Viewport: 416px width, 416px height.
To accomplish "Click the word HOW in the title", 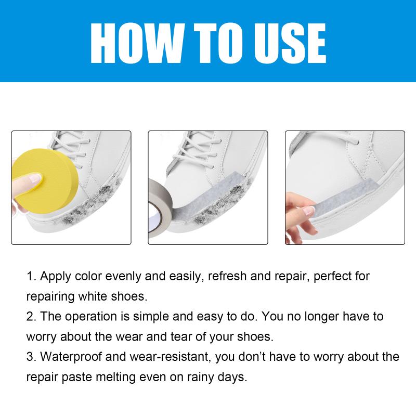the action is click(135, 43).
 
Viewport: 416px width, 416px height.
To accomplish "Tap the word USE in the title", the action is click(290, 43).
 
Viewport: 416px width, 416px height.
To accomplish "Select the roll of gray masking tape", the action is click(160, 207).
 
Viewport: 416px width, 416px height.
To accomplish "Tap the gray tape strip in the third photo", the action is click(345, 196).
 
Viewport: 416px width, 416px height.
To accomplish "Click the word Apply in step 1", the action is click(56, 277).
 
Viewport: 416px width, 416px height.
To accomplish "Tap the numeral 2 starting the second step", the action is click(30, 317).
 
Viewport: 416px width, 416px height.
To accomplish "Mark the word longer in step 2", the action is click(321, 317).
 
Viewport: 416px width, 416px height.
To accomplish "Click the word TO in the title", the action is click(214, 43).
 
